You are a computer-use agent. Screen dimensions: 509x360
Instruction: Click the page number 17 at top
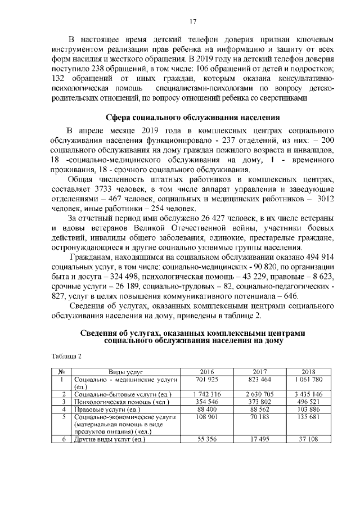click(192, 21)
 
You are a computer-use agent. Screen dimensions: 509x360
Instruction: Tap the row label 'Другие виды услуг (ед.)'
click(110, 439)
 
